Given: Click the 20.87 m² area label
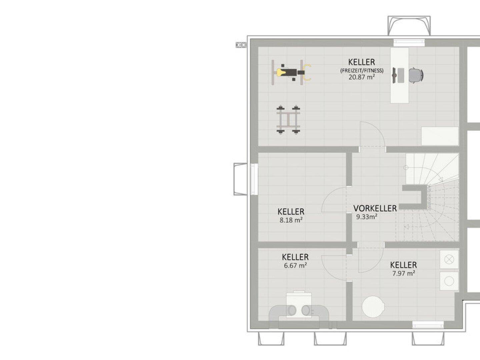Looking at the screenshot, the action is [x=362, y=77].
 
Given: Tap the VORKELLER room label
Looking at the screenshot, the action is [x=375, y=208].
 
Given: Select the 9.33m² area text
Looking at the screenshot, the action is [x=367, y=217].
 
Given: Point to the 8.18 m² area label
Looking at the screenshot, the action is [x=291, y=220].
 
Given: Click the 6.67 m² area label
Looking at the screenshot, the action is [x=295, y=265].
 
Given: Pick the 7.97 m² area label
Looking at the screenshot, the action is [x=404, y=273].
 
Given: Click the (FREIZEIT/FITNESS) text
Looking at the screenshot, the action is [x=362, y=71].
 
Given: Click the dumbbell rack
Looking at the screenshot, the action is [x=288, y=120].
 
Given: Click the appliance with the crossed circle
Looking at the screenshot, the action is [x=449, y=259].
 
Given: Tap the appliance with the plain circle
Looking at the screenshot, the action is [x=449, y=281].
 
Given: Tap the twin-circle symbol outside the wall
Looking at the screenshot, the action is [x=241, y=45].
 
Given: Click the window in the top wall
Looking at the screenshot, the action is [x=409, y=43].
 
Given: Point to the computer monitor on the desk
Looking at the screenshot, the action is [x=394, y=75].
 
